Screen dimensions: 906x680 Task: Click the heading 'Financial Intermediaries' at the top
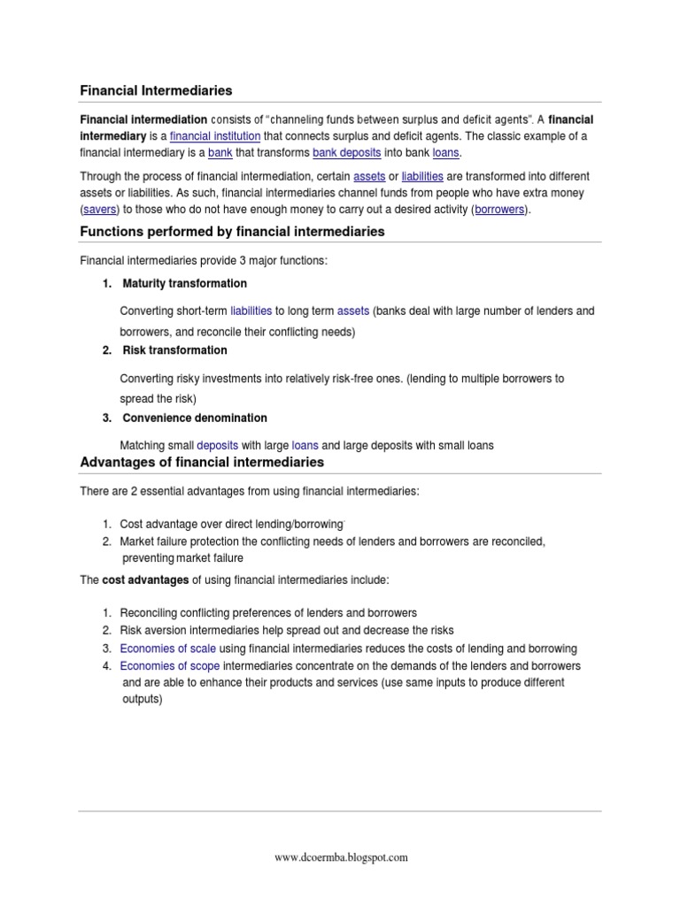pos(156,90)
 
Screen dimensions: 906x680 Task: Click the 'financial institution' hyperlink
pos(215,136)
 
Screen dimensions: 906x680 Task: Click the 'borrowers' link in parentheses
pos(500,209)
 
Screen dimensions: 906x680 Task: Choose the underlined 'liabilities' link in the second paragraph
pos(424,176)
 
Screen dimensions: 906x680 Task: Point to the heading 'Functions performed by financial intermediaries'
pos(232,232)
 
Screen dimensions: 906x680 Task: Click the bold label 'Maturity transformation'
pos(184,284)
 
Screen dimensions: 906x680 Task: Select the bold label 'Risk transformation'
pos(174,350)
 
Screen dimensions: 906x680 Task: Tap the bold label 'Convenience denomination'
pos(194,418)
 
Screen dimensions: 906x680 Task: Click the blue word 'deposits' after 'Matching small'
pos(217,445)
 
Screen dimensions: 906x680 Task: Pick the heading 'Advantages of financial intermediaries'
pos(202,463)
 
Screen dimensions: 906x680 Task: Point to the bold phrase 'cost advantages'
pos(145,580)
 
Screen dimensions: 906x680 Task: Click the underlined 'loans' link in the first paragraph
pos(446,152)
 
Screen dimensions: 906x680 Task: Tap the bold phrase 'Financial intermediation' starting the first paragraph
pos(143,119)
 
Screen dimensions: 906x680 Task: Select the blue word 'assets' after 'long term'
pos(352,311)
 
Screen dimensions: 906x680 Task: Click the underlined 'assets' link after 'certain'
pos(368,176)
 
